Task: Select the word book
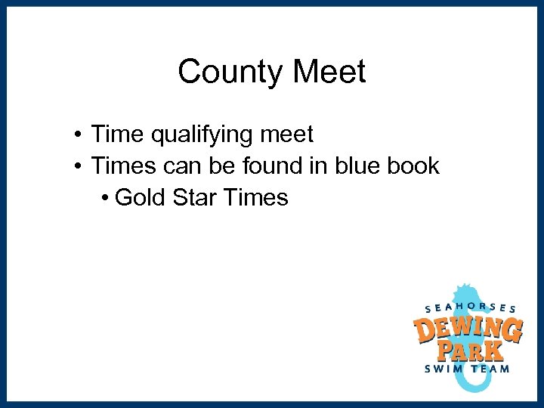pos(413,166)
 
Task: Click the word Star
pos(195,198)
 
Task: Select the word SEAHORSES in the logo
pos(471,307)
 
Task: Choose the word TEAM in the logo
pos(492,369)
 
